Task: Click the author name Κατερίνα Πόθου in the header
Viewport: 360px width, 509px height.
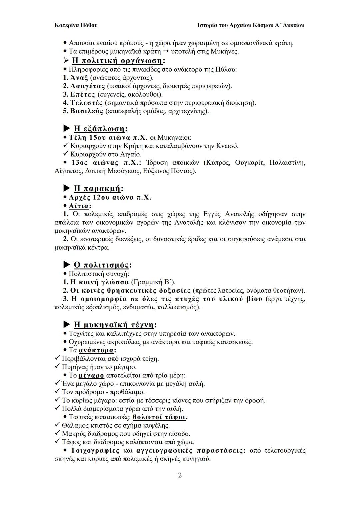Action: click(x=76, y=25)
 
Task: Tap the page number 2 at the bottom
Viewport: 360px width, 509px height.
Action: click(x=180, y=475)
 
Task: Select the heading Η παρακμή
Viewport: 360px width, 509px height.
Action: click(x=97, y=189)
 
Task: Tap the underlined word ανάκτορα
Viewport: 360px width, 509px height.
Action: click(x=96, y=350)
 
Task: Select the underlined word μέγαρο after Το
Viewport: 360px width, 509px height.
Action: click(x=91, y=375)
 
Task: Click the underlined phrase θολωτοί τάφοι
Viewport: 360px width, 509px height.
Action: click(x=159, y=417)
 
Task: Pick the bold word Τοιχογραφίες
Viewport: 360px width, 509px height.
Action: click(x=95, y=451)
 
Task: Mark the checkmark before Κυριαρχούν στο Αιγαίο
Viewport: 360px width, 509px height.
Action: click(x=65, y=154)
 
